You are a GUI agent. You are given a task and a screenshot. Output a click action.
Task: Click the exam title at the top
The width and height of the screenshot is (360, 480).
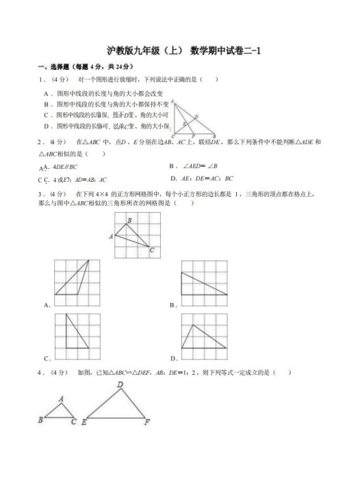180,51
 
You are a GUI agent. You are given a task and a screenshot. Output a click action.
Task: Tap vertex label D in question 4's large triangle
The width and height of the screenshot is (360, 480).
120,386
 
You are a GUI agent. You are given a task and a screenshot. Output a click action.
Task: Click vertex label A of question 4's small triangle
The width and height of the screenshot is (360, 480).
61,399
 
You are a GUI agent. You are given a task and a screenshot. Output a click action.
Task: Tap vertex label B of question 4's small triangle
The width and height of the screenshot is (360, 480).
41,420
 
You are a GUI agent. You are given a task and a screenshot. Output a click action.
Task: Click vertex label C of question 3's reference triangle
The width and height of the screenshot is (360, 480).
152,251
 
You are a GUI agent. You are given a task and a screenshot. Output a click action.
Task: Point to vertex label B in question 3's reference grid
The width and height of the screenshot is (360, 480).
129,221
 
